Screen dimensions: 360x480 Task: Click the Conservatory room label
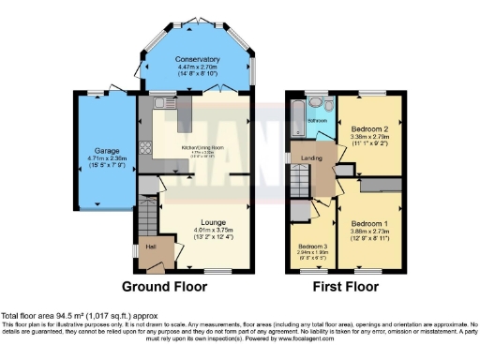[x=197, y=59]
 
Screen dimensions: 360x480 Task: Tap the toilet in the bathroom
[x=318, y=105]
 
